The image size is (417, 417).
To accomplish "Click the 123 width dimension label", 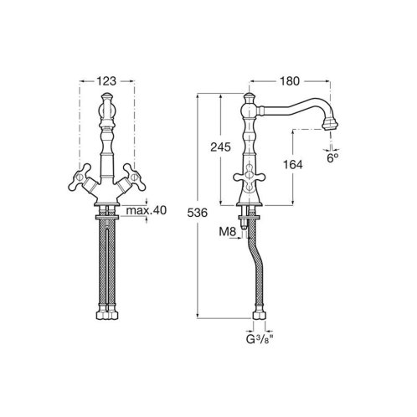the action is (106, 81).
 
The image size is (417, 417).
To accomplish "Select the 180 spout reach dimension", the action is (290, 81).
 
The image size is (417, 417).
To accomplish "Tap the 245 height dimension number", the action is (220, 147).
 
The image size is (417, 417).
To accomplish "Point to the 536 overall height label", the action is (198, 213).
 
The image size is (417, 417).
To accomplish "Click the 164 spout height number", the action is (293, 165).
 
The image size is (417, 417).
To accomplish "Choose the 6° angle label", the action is (332, 158).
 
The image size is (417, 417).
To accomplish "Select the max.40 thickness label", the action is (146, 210).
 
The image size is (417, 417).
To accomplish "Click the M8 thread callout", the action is (228, 231).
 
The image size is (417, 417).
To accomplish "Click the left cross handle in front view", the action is (80, 178).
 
